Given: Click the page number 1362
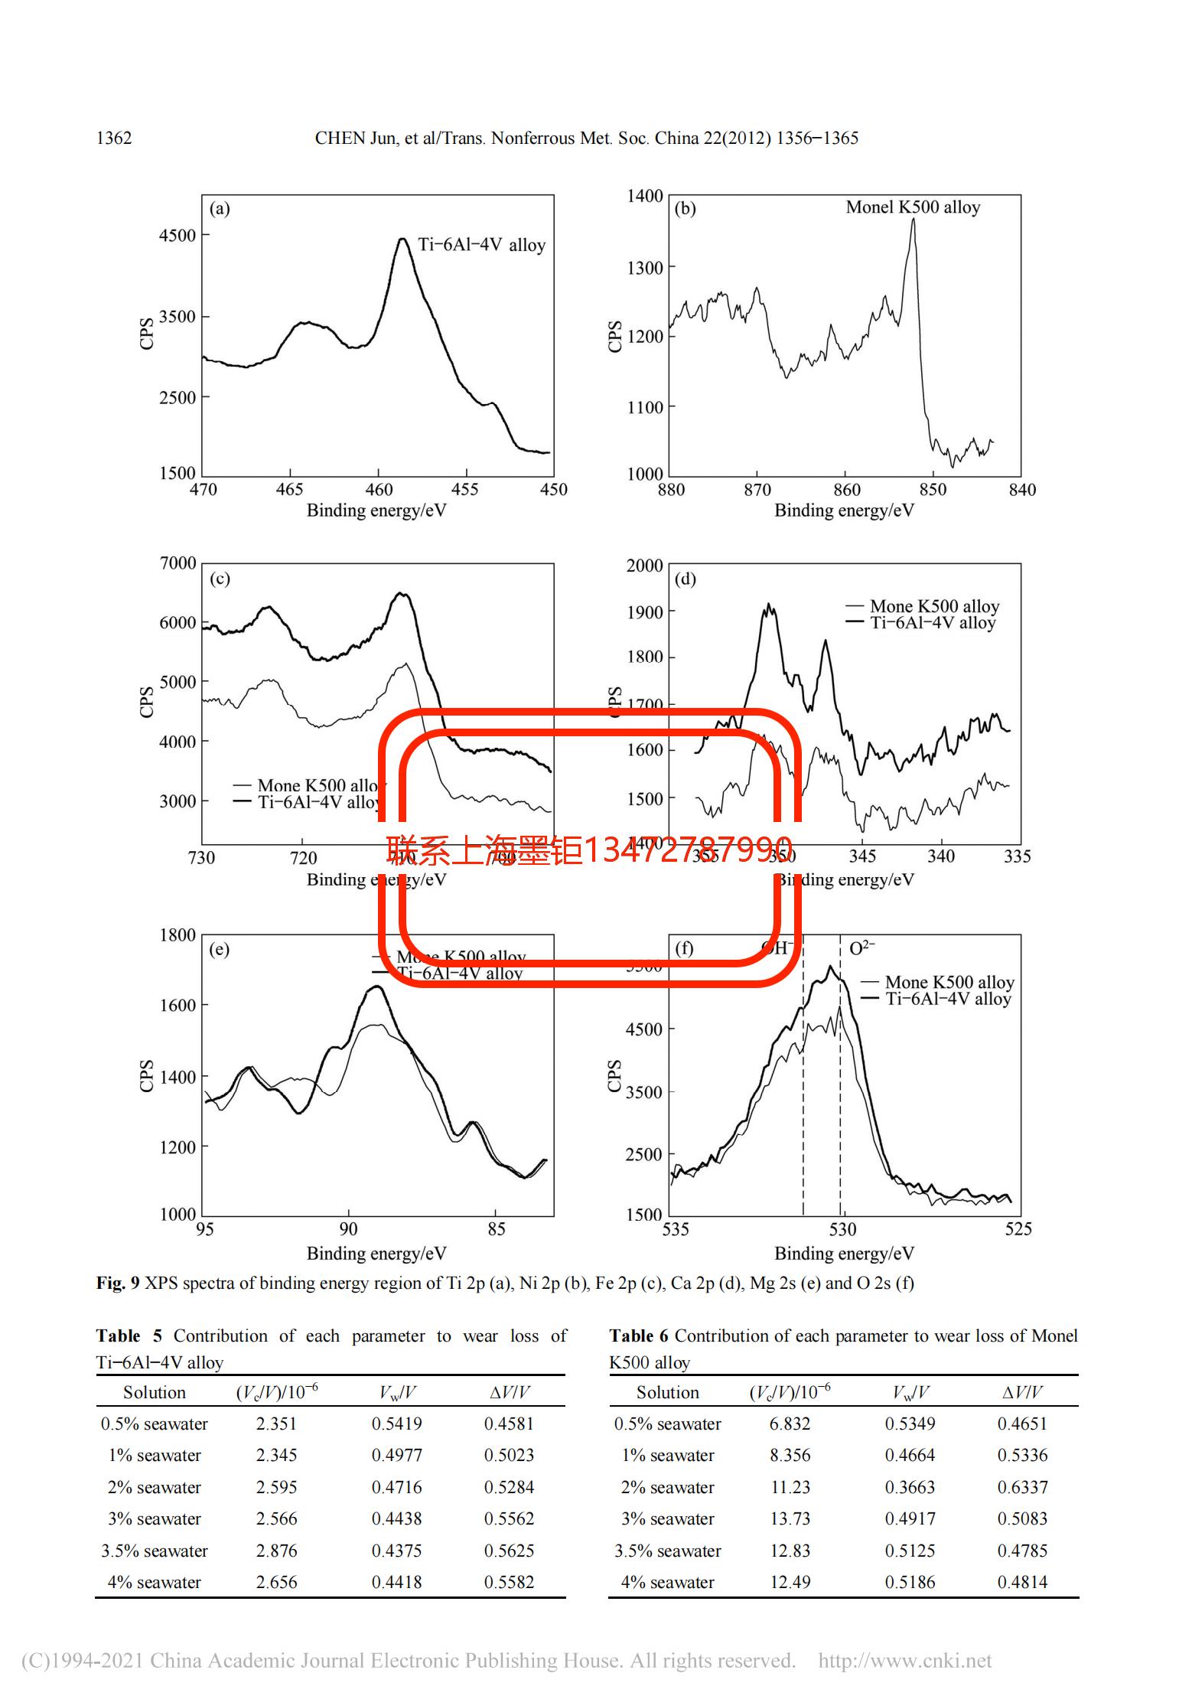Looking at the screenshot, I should (x=114, y=139).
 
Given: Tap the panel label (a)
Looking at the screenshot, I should (x=220, y=209).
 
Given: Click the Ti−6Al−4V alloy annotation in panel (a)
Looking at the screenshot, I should (x=481, y=245).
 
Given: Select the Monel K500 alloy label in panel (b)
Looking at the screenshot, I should (x=912, y=207).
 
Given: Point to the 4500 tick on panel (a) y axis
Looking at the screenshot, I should (x=178, y=236).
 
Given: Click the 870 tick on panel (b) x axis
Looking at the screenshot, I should (x=757, y=490).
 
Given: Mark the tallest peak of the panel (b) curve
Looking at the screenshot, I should (x=913, y=220).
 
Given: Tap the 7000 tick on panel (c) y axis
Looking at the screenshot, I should (x=178, y=563).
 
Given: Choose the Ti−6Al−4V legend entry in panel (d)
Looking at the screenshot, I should (x=932, y=623).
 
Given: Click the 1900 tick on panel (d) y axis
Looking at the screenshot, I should (x=644, y=612).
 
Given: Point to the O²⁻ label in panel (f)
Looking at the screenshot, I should (x=861, y=948).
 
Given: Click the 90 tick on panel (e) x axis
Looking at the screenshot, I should (x=348, y=1228).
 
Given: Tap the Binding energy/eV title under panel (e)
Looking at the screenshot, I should (x=376, y=1253).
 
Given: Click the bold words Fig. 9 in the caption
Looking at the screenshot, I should (x=118, y=1283).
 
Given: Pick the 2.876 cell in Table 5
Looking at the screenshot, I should (x=276, y=1551).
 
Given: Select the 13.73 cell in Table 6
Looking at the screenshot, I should (x=790, y=1518).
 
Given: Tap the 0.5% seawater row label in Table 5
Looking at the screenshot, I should (x=155, y=1424).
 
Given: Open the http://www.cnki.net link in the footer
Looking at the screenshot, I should (x=904, y=1660).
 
